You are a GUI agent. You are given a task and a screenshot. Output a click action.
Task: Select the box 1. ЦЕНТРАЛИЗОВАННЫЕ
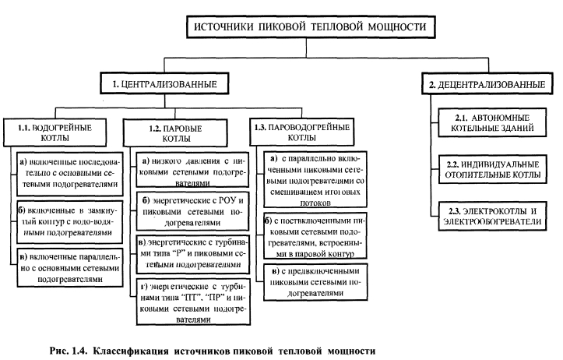click(160, 83)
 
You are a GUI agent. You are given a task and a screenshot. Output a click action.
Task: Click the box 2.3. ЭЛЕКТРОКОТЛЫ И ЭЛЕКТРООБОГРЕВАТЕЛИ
click(491, 215)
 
